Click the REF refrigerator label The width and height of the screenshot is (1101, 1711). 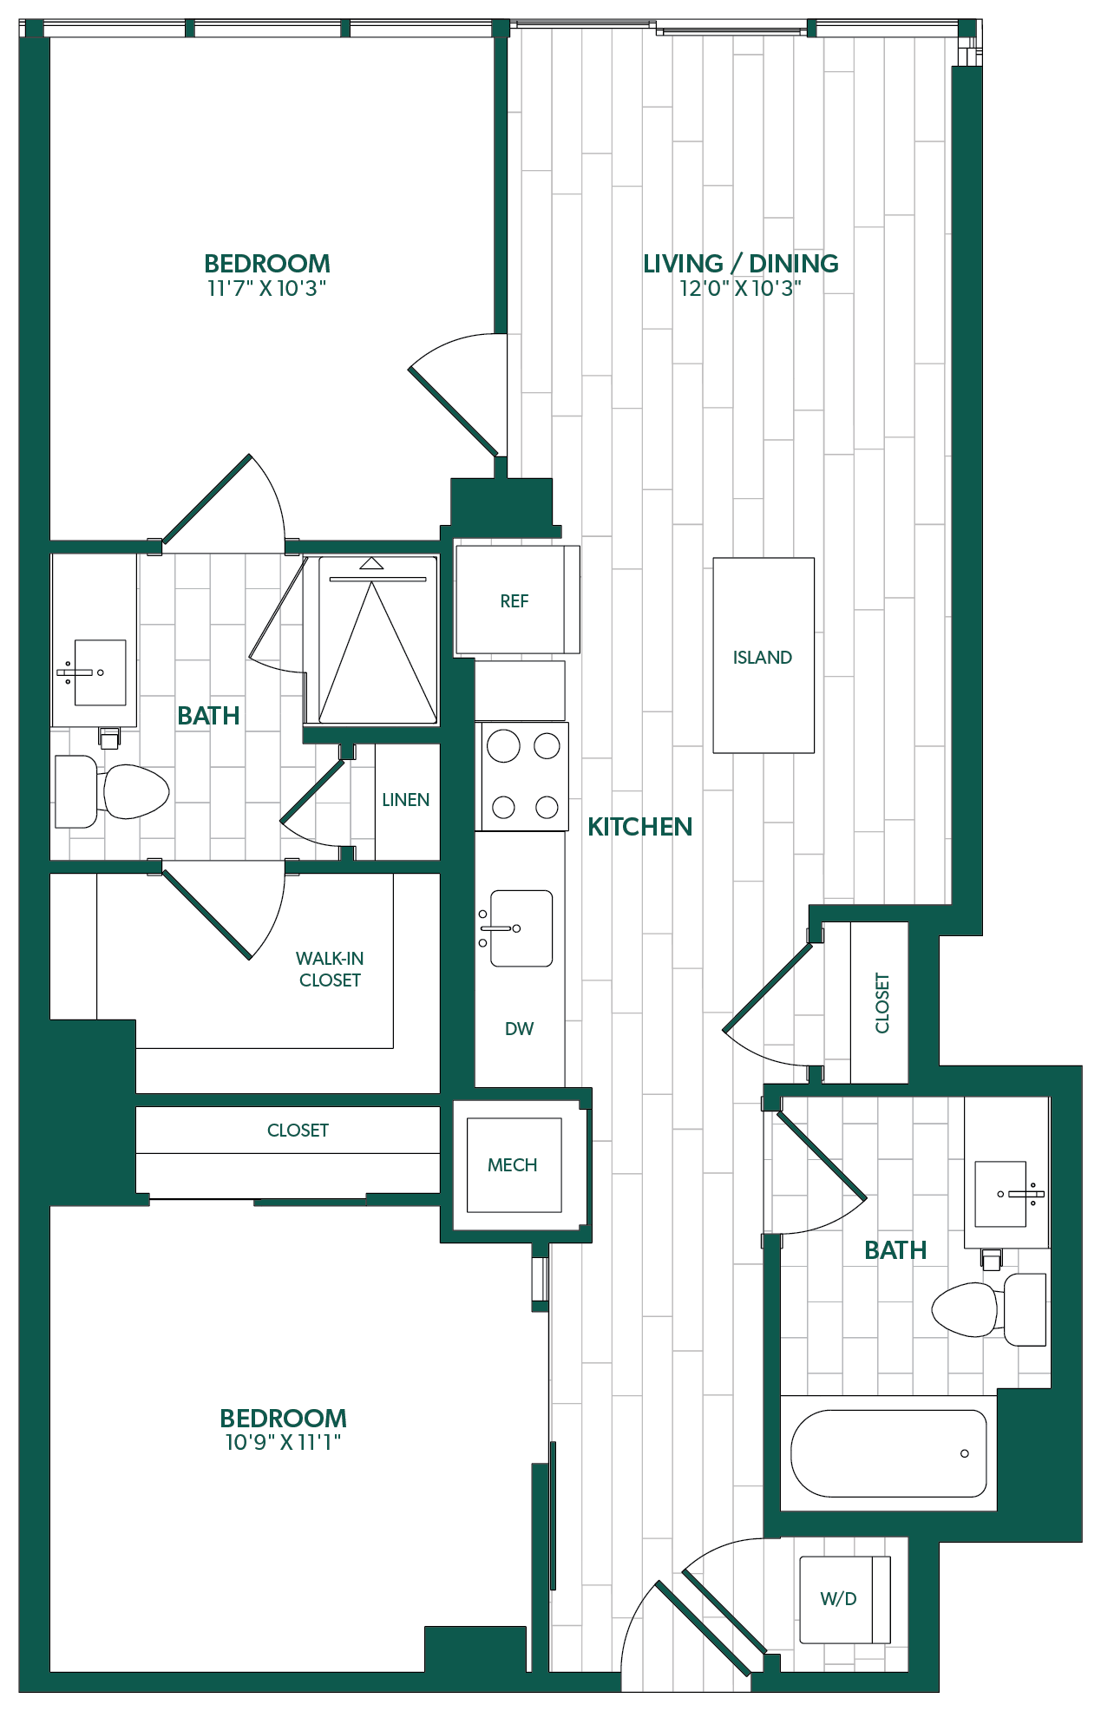(x=514, y=601)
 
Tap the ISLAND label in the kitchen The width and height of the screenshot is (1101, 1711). (x=763, y=658)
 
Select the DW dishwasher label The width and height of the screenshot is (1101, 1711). (x=519, y=1029)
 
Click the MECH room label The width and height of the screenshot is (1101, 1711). (x=512, y=1165)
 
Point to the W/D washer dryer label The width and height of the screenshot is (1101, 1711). (x=838, y=1598)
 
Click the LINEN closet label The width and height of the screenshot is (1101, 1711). (x=405, y=800)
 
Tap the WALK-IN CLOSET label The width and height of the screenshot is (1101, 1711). (x=330, y=969)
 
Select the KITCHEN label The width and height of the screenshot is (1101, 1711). (x=639, y=827)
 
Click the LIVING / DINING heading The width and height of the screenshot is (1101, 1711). (x=740, y=264)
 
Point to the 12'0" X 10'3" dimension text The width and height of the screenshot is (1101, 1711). (x=740, y=289)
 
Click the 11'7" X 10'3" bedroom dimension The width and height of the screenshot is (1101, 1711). (x=266, y=289)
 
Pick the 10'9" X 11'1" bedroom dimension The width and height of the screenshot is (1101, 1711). (x=283, y=1443)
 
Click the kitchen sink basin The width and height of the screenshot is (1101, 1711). (x=521, y=928)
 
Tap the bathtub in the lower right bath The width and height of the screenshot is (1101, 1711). (x=888, y=1453)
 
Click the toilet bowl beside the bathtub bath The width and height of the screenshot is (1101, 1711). (x=965, y=1309)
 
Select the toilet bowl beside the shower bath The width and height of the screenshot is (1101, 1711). (x=136, y=791)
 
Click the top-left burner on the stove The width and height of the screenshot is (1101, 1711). (x=503, y=746)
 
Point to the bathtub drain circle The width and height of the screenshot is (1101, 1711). (x=965, y=1453)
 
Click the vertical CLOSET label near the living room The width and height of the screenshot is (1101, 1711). (x=882, y=1003)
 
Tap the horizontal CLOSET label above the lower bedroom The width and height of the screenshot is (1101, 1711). (x=298, y=1131)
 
